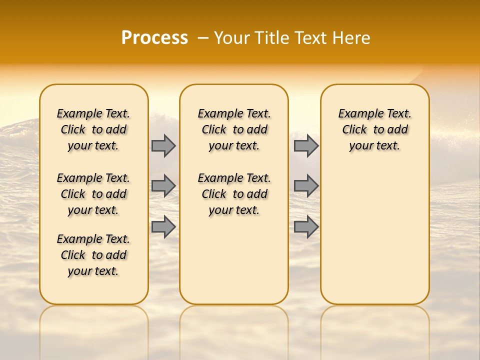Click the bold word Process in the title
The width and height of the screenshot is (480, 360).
pyautogui.click(x=154, y=38)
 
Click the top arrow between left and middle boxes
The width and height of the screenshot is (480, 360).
pyautogui.click(x=163, y=145)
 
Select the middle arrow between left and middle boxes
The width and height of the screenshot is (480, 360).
pyautogui.click(x=163, y=186)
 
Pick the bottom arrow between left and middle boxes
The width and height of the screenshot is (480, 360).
pyautogui.click(x=163, y=226)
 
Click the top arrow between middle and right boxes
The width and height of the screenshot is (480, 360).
pyautogui.click(x=306, y=145)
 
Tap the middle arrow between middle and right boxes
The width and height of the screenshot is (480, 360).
pyautogui.click(x=306, y=186)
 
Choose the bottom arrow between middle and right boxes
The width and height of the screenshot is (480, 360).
pyautogui.click(x=306, y=226)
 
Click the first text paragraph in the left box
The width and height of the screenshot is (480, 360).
pyautogui.click(x=93, y=129)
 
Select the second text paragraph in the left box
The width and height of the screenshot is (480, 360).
pyautogui.click(x=93, y=194)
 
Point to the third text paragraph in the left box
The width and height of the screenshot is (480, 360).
pyautogui.click(x=93, y=255)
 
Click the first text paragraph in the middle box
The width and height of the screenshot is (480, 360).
pyautogui.click(x=234, y=129)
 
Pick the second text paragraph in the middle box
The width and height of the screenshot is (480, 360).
pyautogui.click(x=234, y=194)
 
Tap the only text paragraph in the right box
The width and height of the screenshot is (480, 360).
pyautogui.click(x=374, y=129)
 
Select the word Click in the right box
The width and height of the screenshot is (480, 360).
pyautogui.click(x=354, y=130)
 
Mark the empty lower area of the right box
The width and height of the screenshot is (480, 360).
pyautogui.click(x=374, y=235)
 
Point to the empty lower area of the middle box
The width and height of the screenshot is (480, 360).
pyautogui.click(x=234, y=260)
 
